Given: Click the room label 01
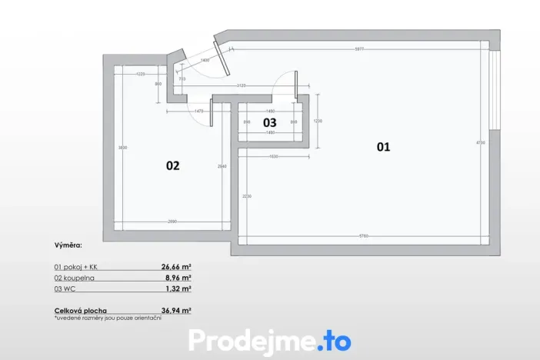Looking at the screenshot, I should tap(383, 146).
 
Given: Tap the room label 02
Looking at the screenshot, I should tap(173, 165).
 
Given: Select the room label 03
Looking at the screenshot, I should tap(269, 122).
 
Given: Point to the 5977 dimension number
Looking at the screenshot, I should tap(358, 49).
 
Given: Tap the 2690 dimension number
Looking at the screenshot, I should tap(172, 222).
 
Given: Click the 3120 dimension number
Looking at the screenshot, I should tap(241, 85).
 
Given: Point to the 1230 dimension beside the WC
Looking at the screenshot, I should tap(318, 121).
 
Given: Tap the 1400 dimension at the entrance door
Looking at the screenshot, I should tap(205, 60).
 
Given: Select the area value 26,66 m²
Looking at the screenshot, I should tap(176, 265).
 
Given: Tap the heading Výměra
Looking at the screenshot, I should tap(68, 247).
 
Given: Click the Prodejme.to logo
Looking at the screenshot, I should tap(270, 340).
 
